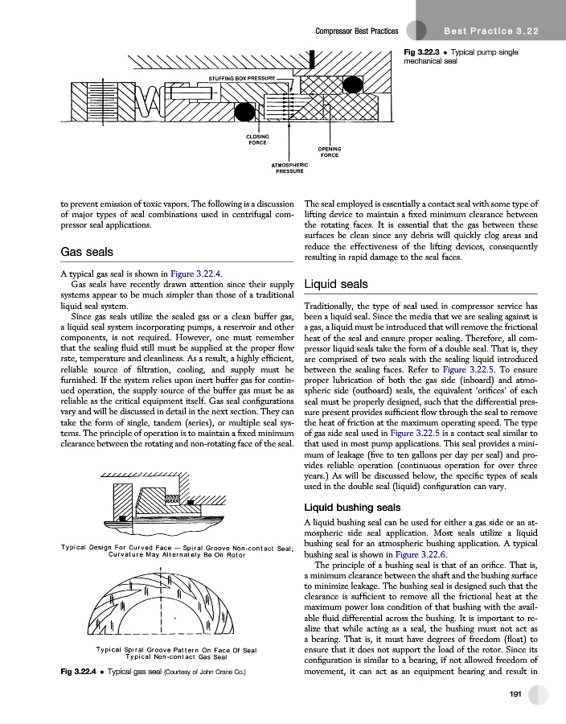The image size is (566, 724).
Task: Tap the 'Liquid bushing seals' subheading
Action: [356, 508]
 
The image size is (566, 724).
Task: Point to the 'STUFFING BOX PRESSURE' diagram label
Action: [241, 77]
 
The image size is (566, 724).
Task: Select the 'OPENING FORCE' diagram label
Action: [330, 152]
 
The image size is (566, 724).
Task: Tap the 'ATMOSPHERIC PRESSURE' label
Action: [289, 168]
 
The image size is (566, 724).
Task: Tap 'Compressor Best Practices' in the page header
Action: [357, 31]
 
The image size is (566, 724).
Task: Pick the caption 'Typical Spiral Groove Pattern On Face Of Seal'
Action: [176, 649]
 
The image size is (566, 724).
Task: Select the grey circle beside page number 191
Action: [539, 695]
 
